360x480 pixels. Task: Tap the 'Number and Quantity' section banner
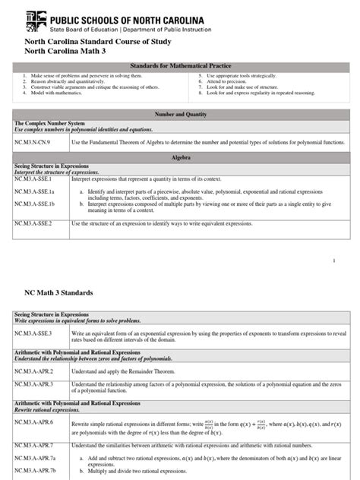pos(180,112)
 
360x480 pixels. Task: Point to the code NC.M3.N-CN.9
pos(37,141)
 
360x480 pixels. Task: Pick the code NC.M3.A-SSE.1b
pos(39,204)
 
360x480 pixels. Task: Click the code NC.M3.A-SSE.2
pos(38,224)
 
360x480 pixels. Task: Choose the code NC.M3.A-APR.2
pos(38,371)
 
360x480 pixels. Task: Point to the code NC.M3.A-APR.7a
pos(39,459)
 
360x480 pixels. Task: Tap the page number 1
pos(333,261)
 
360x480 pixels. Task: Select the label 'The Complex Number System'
pos(47,122)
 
